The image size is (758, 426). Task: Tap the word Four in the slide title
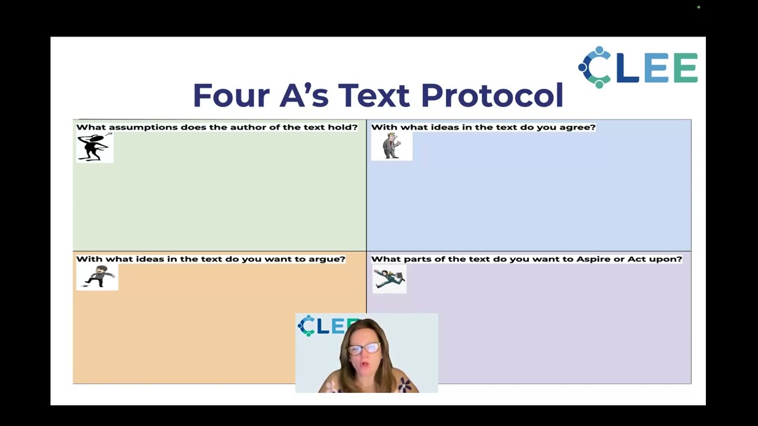tap(230, 96)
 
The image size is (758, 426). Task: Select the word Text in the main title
tap(374, 96)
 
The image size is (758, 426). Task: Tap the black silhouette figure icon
tap(94, 147)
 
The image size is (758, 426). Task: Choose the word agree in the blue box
tap(578, 127)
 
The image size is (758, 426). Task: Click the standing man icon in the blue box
tap(391, 146)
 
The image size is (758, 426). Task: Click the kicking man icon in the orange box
tap(98, 277)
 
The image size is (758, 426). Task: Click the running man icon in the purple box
tap(389, 279)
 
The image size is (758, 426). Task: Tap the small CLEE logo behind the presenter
tap(323, 326)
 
